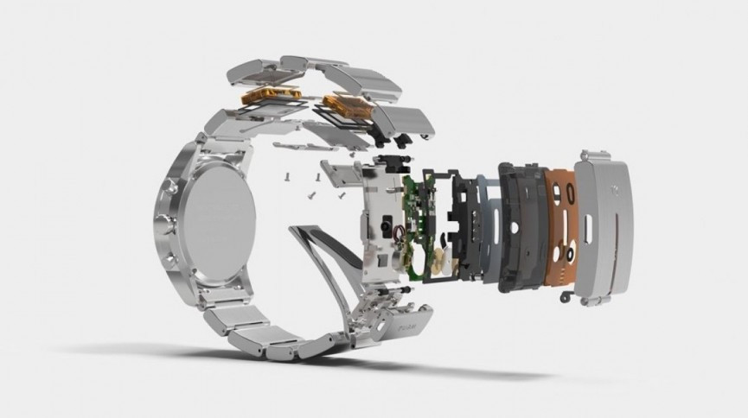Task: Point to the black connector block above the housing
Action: point(394,164)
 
